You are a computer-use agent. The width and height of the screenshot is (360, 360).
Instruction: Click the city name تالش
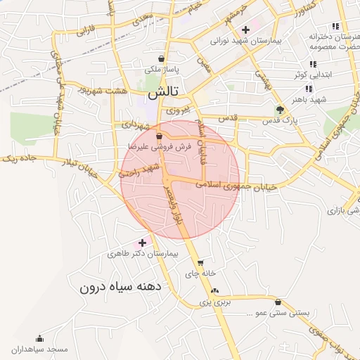click(x=163, y=92)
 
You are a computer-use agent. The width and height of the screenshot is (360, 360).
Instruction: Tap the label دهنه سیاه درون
click(x=121, y=287)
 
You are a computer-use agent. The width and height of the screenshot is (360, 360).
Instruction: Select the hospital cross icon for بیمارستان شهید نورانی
click(x=245, y=30)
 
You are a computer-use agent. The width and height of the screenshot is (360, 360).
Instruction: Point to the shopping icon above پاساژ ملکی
click(x=162, y=59)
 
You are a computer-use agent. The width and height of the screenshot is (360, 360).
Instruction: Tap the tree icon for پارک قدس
click(x=280, y=110)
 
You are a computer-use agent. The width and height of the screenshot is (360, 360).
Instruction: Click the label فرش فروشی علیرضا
click(x=160, y=146)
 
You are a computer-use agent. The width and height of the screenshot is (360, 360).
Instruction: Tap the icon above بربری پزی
click(x=214, y=290)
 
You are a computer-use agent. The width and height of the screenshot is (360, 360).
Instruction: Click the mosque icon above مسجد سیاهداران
click(x=39, y=338)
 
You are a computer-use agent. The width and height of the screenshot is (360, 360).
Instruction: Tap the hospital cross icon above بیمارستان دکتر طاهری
click(x=142, y=242)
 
